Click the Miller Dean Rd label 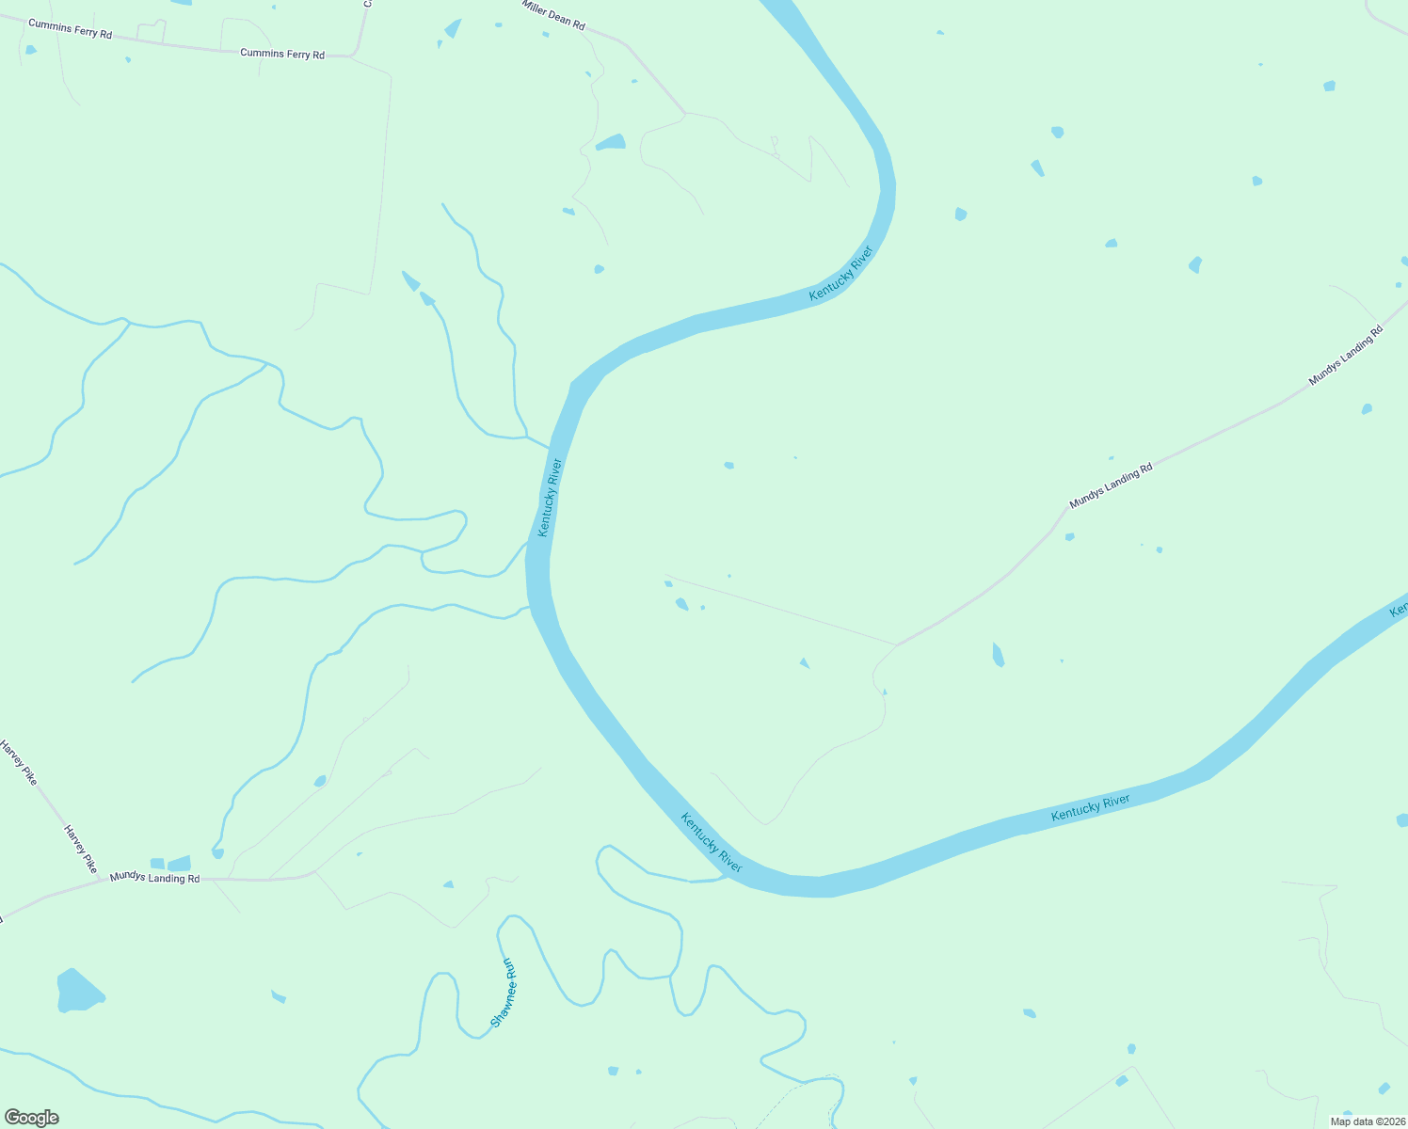(x=553, y=14)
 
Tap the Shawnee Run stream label (x=504, y=993)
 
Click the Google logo (x=32, y=1117)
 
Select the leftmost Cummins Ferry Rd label (x=70, y=29)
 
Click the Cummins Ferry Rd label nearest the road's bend (x=282, y=54)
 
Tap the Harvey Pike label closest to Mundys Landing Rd (x=80, y=849)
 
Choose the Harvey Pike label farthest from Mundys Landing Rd (x=18, y=763)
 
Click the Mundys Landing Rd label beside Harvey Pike (x=154, y=877)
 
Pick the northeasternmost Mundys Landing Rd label (x=1346, y=357)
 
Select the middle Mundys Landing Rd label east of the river (x=1111, y=485)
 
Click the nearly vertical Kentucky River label (x=550, y=498)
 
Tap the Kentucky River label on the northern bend (x=841, y=274)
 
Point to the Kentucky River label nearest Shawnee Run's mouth (x=712, y=842)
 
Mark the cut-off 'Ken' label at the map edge (x=1399, y=611)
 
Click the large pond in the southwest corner (x=78, y=991)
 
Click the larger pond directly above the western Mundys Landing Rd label (x=180, y=863)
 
